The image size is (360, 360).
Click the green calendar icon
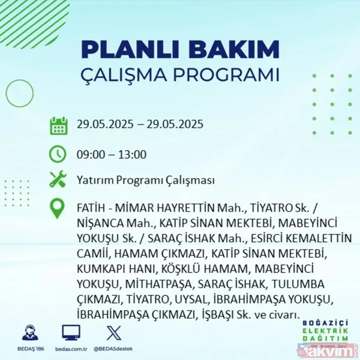point(58,126)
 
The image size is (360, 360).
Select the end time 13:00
point(131,154)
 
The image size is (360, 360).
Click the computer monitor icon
point(70,333)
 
